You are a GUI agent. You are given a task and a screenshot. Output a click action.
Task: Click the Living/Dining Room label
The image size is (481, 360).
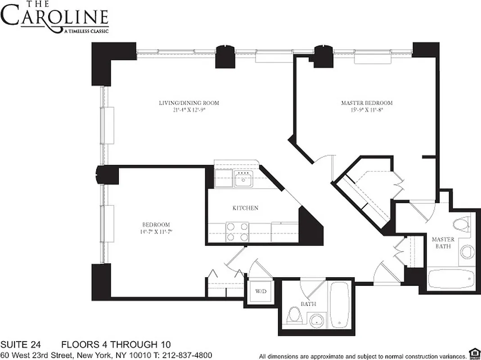pyautogui.click(x=189, y=103)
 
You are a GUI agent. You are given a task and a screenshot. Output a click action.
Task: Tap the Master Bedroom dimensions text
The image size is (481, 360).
pyautogui.click(x=366, y=109)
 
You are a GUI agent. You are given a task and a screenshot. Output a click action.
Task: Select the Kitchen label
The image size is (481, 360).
pyautogui.click(x=245, y=208)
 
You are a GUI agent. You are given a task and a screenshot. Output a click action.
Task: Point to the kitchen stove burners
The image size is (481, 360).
pyautogui.click(x=238, y=232)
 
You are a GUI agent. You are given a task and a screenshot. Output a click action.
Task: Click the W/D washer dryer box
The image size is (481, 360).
pyautogui.click(x=261, y=291)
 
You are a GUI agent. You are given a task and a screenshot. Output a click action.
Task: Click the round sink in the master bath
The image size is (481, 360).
pyautogui.click(x=467, y=252)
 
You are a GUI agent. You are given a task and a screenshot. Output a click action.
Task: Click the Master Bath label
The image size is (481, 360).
pyautogui.click(x=443, y=243)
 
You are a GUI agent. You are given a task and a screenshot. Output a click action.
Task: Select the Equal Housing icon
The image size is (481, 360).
pyautogui.click(x=473, y=352)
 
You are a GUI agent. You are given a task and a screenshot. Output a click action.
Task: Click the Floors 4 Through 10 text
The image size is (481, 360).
pyautogui.click(x=116, y=345)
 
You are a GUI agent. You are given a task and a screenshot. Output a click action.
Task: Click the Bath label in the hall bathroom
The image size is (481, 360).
pyautogui.click(x=308, y=304)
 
